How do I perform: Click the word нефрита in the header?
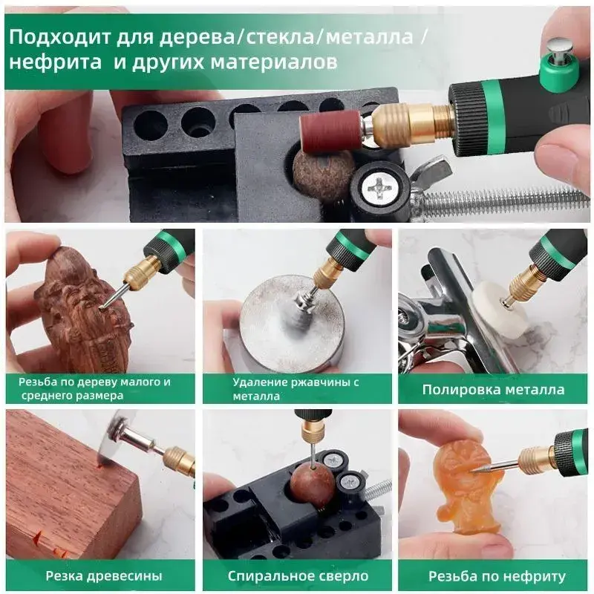55,62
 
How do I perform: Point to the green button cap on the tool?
560,69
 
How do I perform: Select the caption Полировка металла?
493,389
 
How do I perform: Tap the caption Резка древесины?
104,576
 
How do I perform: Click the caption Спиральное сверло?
298,576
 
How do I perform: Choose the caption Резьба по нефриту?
497,576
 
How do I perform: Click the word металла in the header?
369,36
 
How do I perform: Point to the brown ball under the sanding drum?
323,174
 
